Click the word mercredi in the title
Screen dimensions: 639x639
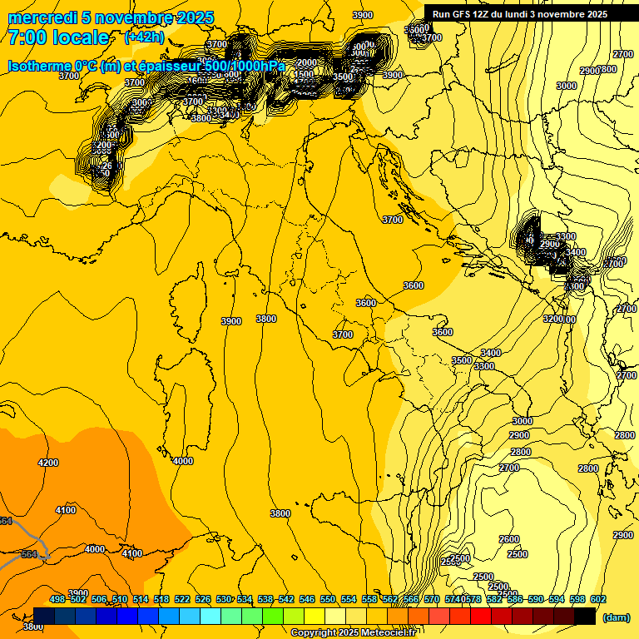(39, 18)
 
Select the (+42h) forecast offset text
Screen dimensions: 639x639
(144, 37)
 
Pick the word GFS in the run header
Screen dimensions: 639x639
(462, 14)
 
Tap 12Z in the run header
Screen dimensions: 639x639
(485, 14)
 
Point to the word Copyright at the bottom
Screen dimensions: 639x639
(315, 632)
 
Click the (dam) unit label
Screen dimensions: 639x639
(616, 617)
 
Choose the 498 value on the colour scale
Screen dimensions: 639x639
(57, 600)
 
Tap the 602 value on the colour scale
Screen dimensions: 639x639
(598, 600)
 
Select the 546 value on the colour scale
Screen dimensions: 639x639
(307, 600)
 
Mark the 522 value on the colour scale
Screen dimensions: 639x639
(182, 600)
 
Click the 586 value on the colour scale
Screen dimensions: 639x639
(515, 600)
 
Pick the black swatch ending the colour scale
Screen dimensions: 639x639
(585, 616)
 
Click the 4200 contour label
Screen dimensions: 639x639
(48, 463)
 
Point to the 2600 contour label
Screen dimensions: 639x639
(509, 539)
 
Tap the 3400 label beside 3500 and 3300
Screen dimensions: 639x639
(491, 353)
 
